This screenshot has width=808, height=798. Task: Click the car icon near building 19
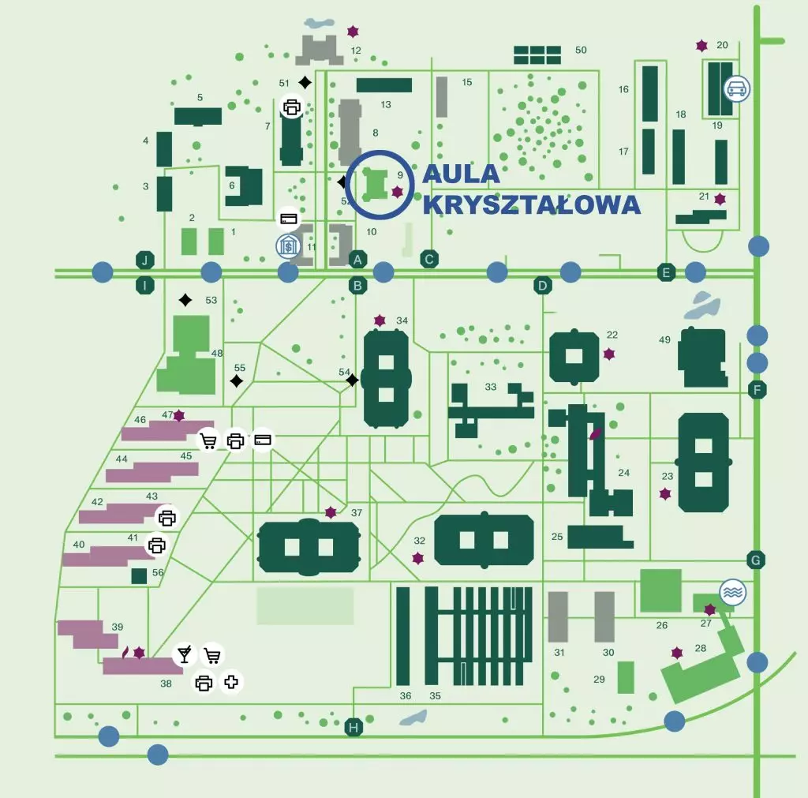point(737,88)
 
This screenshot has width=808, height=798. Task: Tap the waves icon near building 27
point(733,592)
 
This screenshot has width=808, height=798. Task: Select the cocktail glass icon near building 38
point(185,654)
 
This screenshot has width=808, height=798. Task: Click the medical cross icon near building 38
point(231,682)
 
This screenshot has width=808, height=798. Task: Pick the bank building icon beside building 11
point(289,246)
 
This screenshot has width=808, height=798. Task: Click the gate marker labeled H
point(353,728)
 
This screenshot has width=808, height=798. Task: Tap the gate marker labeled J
point(145,260)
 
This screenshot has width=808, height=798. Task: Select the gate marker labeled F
point(757,389)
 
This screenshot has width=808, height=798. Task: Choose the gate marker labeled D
point(542,285)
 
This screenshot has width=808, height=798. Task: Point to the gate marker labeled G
point(756,560)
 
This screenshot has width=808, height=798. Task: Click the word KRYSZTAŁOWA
point(531,204)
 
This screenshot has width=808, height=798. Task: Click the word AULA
point(461,174)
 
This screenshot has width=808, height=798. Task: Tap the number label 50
point(581,50)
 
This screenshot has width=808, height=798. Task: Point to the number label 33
point(490,387)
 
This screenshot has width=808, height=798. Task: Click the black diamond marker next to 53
point(185,299)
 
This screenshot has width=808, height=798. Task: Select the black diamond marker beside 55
point(237,381)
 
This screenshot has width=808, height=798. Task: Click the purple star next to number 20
point(701,46)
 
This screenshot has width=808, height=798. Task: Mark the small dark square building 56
point(139,576)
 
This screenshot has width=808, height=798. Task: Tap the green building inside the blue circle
point(375,184)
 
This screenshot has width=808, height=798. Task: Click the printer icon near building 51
point(292,107)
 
